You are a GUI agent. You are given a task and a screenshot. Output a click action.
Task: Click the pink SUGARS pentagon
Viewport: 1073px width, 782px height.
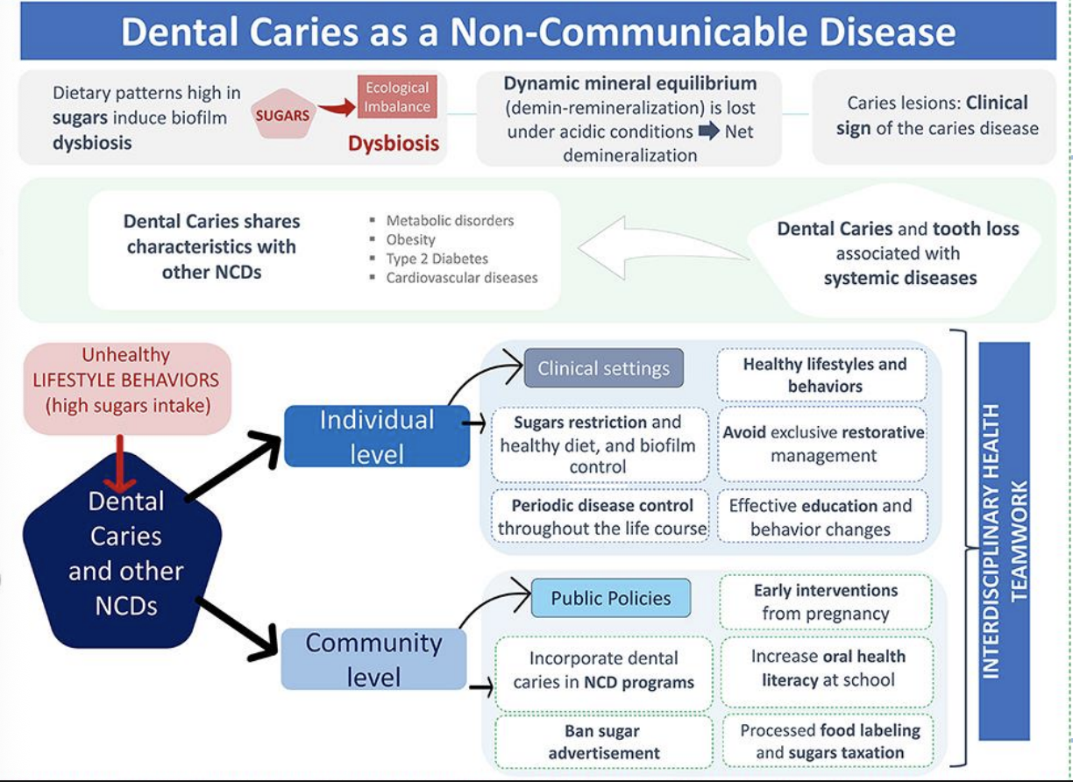[x=283, y=114]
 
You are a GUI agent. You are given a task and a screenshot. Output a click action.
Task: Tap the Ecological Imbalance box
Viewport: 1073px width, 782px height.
[x=397, y=96]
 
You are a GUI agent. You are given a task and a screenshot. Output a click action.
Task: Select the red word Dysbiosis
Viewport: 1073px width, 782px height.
[x=394, y=143]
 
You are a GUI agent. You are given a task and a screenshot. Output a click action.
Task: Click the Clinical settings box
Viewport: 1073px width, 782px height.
[x=603, y=368]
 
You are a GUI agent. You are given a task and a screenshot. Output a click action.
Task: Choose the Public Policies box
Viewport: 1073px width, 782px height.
[x=611, y=598]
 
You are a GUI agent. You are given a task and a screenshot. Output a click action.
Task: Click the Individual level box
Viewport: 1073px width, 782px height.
[x=377, y=436]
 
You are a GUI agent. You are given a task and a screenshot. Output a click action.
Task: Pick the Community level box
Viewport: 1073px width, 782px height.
[x=373, y=659]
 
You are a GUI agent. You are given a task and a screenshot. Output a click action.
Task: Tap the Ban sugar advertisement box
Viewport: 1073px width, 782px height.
[x=604, y=742]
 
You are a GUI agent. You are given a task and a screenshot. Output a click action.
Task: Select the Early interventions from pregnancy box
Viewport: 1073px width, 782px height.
[x=825, y=601]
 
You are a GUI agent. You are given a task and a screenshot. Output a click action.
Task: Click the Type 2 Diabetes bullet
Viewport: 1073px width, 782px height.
[x=437, y=259]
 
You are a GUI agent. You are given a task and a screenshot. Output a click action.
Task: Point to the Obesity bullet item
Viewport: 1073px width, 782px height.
[x=410, y=239]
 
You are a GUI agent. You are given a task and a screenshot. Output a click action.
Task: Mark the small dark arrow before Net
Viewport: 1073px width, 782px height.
[x=709, y=131]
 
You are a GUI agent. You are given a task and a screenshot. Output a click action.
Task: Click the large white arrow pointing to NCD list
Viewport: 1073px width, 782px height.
[x=664, y=247]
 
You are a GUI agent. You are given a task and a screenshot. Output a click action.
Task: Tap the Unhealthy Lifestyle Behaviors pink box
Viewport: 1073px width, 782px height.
[x=127, y=388]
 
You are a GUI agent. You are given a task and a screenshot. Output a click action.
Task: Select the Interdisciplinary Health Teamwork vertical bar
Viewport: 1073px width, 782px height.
[x=1004, y=542]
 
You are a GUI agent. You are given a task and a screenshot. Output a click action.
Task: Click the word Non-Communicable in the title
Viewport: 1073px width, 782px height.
[x=629, y=32]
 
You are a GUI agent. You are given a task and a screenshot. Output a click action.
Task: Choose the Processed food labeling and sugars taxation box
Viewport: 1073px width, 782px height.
[x=828, y=741]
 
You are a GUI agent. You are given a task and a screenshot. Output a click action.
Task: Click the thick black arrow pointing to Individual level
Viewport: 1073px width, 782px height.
[x=232, y=467]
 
